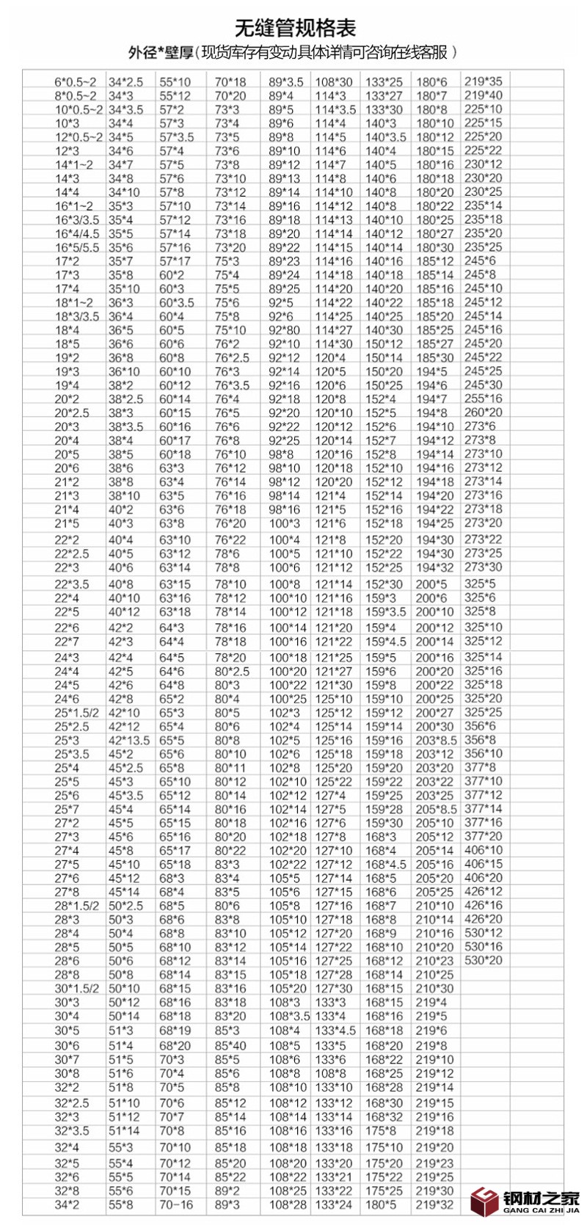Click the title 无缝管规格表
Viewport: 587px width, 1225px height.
(295, 28)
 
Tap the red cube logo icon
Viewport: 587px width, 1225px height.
(485, 1201)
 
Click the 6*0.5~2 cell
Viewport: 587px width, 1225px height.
(75, 82)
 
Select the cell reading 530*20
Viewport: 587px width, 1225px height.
(484, 960)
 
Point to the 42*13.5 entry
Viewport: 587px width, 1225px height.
(129, 741)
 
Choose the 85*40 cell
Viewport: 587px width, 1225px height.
(230, 1045)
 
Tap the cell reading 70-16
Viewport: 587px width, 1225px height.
(176, 1204)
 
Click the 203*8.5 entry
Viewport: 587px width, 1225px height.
(436, 741)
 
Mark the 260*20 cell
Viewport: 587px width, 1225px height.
(484, 412)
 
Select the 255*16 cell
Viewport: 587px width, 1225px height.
(484, 399)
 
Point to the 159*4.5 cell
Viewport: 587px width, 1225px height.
(385, 641)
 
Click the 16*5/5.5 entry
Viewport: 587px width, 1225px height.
(76, 247)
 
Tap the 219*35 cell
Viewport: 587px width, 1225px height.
(484, 81)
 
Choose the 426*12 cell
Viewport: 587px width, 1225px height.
(484, 891)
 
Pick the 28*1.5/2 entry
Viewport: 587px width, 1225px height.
(76, 906)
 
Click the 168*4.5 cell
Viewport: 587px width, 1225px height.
(385, 865)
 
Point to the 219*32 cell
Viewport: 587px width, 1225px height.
(435, 1204)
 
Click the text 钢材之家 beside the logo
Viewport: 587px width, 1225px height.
(541, 1197)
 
